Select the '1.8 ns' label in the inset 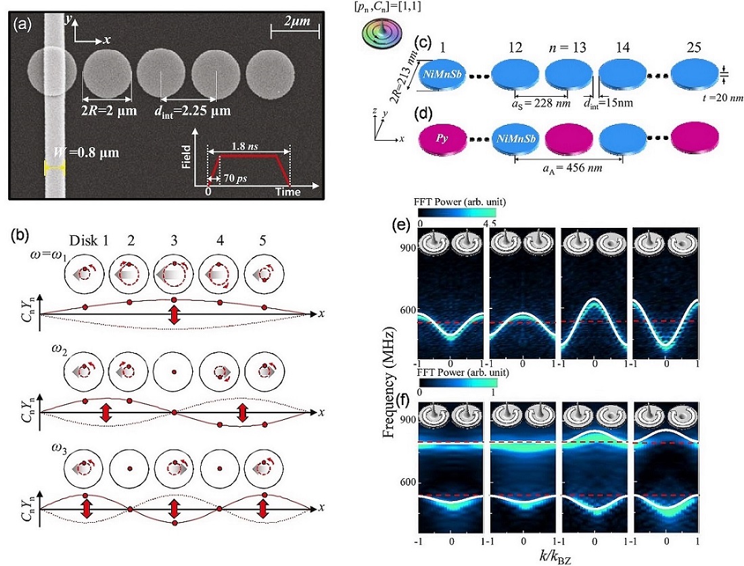point(246,145)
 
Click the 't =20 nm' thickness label point(719,98)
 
